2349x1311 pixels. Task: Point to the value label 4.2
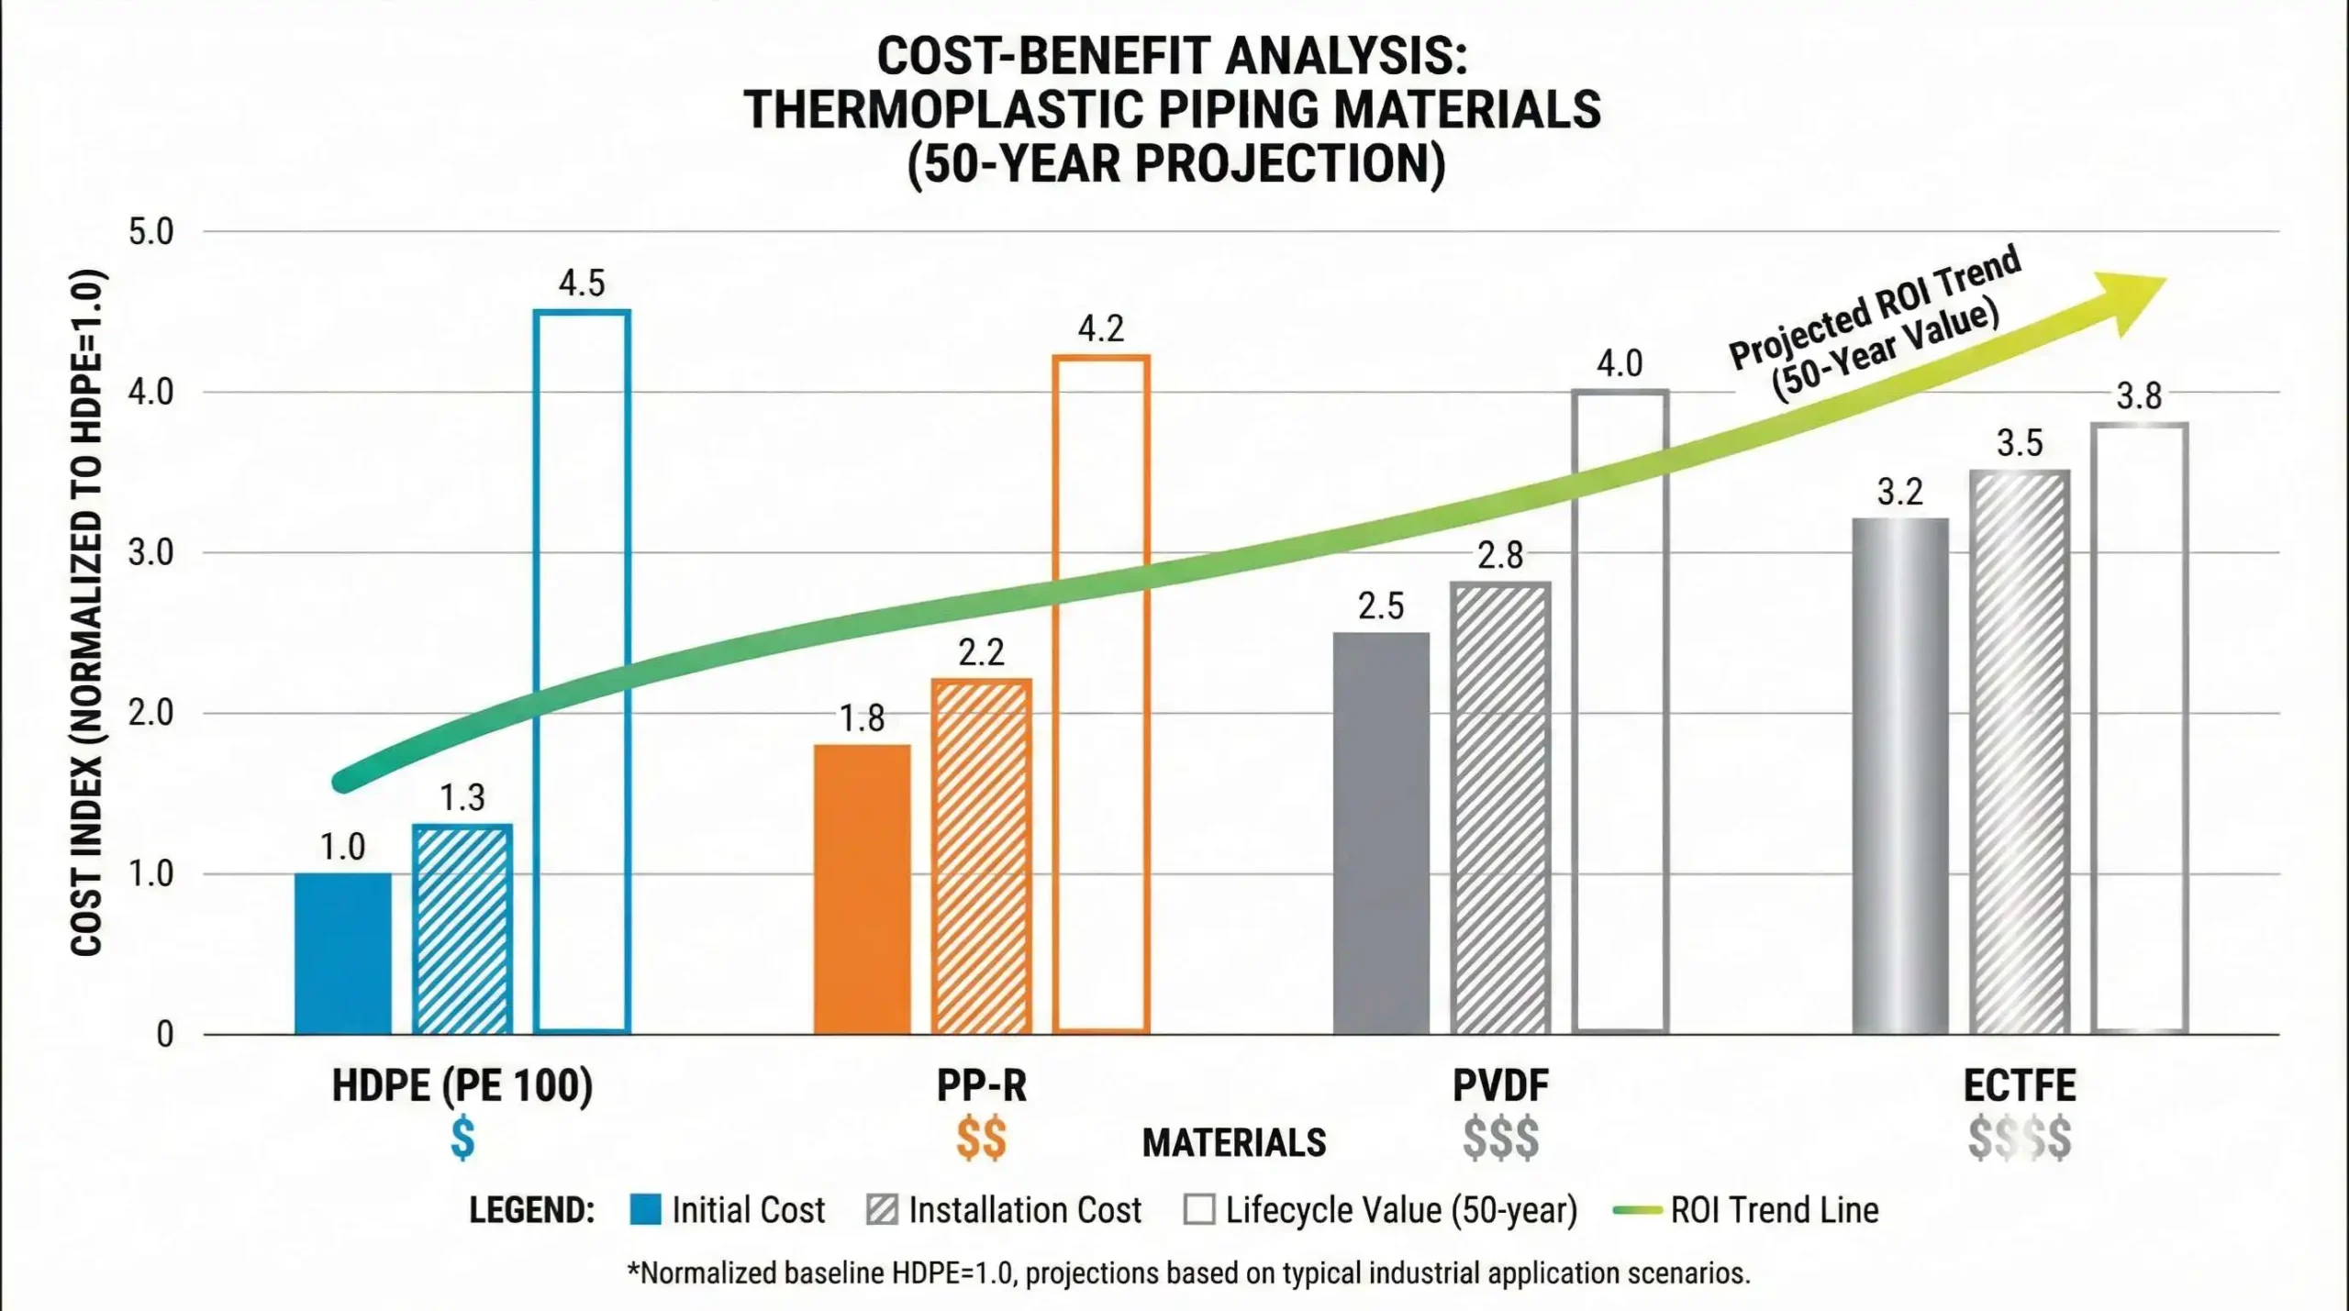[1100, 328]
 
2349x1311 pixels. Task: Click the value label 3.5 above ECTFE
[2020, 443]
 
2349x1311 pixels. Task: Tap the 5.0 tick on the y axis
[150, 232]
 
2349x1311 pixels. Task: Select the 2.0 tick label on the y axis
[150, 713]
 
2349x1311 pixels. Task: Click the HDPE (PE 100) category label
[462, 1086]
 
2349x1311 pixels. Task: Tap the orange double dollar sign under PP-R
[981, 1139]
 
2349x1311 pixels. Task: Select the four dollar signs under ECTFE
[2019, 1139]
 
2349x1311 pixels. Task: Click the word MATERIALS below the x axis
[1233, 1143]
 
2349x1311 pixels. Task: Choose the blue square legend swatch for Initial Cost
[645, 1209]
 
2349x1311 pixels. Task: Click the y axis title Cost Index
[86, 613]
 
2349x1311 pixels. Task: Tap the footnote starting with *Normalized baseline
[1188, 1273]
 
